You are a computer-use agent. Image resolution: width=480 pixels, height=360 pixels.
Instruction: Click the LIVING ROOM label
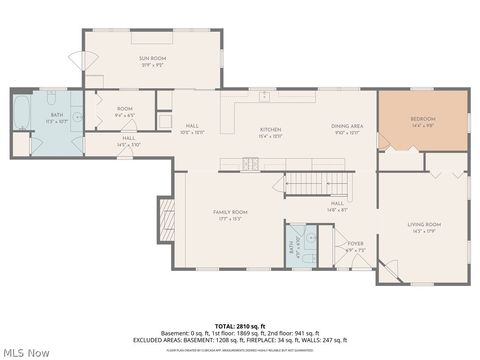(423, 229)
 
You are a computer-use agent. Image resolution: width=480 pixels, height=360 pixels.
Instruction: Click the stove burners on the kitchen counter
(246, 162)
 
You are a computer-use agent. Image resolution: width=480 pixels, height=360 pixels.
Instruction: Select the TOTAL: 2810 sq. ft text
(240, 327)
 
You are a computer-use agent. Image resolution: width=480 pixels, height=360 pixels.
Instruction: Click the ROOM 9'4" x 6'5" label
(125, 112)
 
